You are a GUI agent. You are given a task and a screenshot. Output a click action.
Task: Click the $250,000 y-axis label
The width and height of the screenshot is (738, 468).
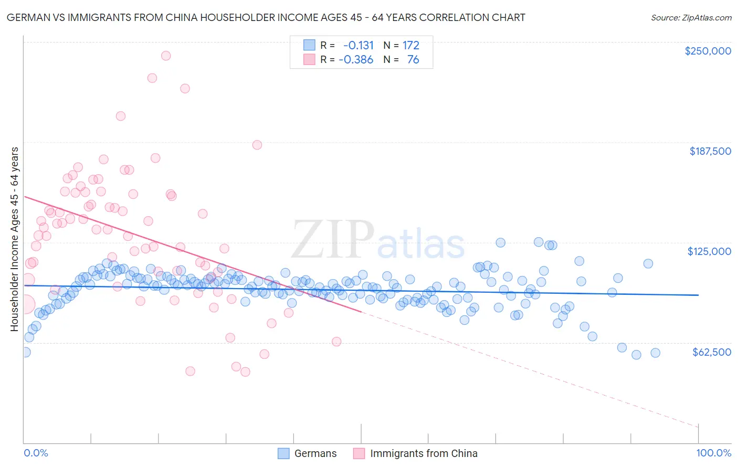[x=708, y=51]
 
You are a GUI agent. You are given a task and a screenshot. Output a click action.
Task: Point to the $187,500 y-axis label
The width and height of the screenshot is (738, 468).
[x=710, y=151]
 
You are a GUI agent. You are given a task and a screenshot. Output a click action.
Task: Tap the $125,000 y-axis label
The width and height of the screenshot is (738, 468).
[x=709, y=251]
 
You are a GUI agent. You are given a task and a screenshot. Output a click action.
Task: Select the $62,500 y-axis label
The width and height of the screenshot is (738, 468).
[x=711, y=352]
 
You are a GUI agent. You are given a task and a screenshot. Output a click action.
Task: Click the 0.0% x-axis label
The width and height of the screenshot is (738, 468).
[x=36, y=453]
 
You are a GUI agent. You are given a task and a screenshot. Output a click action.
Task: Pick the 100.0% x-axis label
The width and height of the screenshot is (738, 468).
[x=713, y=453]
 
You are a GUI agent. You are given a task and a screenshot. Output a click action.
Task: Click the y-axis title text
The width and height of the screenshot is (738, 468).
[x=14, y=239]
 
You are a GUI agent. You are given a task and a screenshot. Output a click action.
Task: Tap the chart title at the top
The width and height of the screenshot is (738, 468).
[x=266, y=18]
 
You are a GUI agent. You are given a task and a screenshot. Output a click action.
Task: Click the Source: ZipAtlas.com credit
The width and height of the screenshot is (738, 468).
[x=691, y=18]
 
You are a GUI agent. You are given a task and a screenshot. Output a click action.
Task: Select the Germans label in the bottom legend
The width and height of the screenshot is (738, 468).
[x=315, y=453]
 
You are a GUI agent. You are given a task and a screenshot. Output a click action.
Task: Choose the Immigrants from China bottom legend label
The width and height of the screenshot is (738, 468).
[x=424, y=453]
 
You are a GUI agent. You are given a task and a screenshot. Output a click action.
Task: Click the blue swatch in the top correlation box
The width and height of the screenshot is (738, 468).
[x=309, y=46]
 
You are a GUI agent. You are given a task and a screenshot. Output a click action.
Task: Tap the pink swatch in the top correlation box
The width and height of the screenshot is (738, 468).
[x=309, y=59]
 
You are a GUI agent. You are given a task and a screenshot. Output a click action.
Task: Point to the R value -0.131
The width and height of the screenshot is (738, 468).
[x=359, y=46]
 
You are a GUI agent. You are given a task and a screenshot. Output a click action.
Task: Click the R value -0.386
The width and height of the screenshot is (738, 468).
[x=356, y=59]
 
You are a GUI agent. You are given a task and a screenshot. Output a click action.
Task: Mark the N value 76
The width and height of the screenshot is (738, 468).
[x=413, y=59]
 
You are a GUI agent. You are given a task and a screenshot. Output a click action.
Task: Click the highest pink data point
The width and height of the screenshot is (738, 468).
[x=166, y=56]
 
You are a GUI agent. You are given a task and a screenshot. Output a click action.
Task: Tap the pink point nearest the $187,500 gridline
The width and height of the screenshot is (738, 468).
[x=257, y=145]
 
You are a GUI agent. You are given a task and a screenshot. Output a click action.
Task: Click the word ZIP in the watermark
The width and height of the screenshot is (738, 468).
[x=333, y=239]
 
